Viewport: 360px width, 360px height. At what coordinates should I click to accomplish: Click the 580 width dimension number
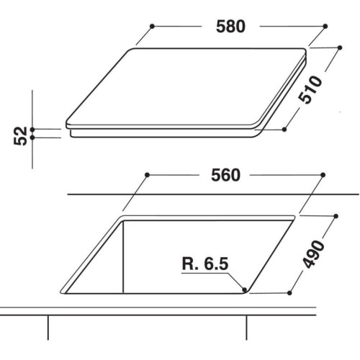click(x=230, y=27)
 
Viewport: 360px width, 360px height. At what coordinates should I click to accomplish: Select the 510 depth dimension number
click(x=310, y=89)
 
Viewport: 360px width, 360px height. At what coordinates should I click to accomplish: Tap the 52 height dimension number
click(x=20, y=136)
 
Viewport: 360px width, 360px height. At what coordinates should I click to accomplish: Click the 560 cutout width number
click(x=225, y=175)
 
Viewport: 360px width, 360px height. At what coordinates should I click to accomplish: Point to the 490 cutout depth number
click(x=313, y=254)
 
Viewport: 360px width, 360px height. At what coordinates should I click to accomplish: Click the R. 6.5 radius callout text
click(x=205, y=264)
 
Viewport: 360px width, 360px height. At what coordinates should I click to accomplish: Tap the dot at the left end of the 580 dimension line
click(x=152, y=26)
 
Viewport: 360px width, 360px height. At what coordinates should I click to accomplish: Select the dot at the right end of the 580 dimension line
click(x=325, y=26)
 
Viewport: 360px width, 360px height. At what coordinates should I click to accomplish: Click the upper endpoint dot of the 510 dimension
click(x=340, y=48)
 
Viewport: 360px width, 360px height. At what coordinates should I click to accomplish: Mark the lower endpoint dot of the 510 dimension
click(x=284, y=130)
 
